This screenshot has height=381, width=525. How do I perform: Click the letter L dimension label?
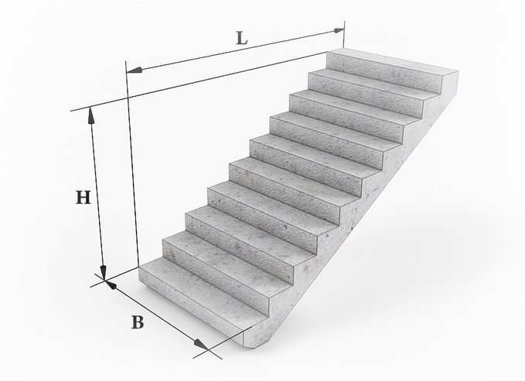[242, 38]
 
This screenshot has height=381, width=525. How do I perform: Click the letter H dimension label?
[83, 197]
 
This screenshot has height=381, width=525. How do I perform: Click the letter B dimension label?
[138, 322]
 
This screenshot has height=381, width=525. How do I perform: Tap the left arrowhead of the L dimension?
[135, 70]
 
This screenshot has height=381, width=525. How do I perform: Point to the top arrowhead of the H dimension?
[90, 115]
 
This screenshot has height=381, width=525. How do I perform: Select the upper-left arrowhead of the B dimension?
[111, 285]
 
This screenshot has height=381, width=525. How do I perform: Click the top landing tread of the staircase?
[392, 60]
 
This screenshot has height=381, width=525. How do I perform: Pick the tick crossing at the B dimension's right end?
[208, 350]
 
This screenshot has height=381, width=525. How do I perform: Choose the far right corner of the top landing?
[459, 71]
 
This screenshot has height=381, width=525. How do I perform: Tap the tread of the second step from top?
[372, 81]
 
